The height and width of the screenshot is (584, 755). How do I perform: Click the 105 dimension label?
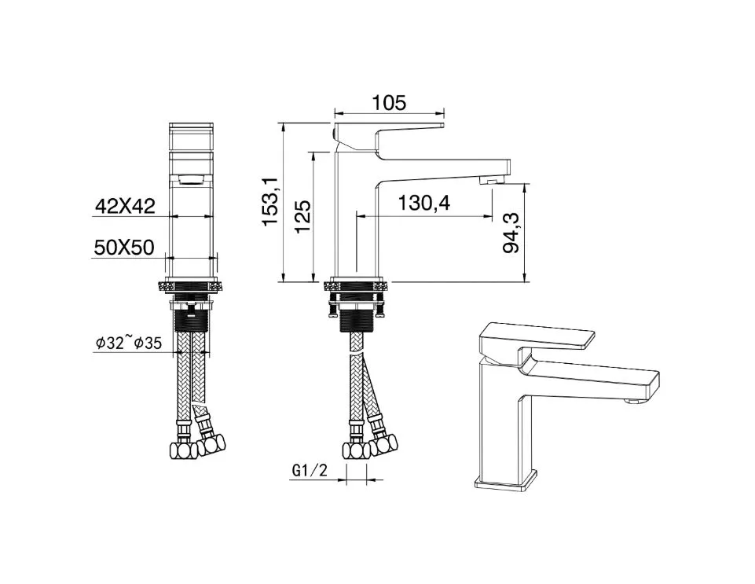[389, 103]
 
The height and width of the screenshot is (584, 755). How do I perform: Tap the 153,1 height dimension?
[270, 201]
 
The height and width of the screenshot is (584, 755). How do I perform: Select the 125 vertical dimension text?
[303, 216]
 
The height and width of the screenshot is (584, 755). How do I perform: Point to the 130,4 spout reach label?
[423, 204]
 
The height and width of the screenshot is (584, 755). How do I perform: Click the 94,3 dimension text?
[511, 233]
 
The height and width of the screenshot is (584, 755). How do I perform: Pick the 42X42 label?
[125, 206]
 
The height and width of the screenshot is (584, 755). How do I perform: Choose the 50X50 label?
[124, 248]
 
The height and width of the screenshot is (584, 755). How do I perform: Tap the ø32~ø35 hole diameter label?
[129, 343]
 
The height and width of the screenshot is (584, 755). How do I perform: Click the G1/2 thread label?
[310, 470]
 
